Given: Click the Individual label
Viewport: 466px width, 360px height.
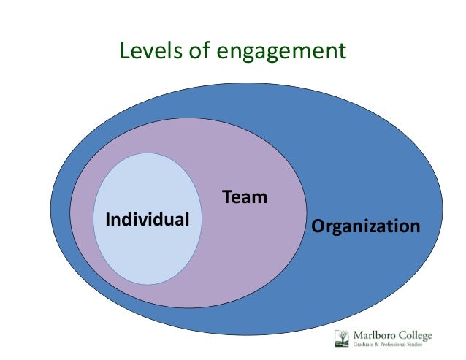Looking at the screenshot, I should coord(148,218).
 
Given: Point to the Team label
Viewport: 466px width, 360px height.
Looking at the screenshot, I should coord(245,196).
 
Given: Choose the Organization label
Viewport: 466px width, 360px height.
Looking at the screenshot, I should coord(366,226).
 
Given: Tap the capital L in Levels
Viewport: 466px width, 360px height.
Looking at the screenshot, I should coord(124,50).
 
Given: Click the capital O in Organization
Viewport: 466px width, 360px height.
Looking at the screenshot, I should coord(318,226).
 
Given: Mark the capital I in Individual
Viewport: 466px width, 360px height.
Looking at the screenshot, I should coord(108,218).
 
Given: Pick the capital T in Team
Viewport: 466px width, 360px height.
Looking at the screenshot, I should coord(226,196).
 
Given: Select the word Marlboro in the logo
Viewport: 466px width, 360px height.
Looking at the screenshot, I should coord(374,335).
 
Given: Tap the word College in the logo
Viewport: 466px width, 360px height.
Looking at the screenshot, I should coord(416,335).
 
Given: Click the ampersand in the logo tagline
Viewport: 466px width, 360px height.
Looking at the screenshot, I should coord(379,345).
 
